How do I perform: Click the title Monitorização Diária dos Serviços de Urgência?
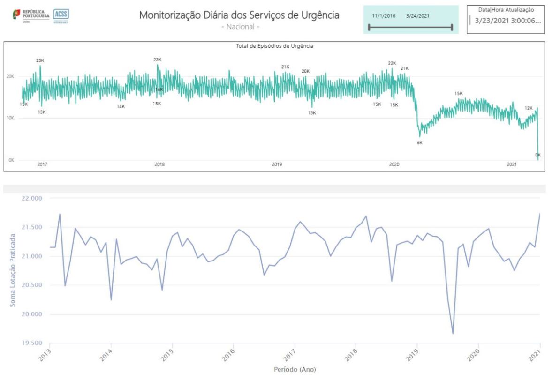tap(239, 15)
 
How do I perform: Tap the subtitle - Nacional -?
tap(240, 27)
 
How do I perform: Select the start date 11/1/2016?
tap(383, 16)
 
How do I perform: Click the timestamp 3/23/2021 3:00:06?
tap(507, 21)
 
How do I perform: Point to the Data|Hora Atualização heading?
tap(506, 9)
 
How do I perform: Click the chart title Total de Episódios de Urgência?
tap(274, 46)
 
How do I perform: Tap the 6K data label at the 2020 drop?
tap(420, 142)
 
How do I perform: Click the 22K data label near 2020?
tap(392, 63)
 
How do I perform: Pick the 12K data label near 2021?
tap(529, 108)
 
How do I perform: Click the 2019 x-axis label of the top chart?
tap(277, 165)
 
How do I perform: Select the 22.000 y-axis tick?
tap(32, 198)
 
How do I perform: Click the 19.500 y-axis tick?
tap(32, 343)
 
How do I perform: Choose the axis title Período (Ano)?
tap(295, 370)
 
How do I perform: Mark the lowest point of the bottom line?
tap(453, 334)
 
